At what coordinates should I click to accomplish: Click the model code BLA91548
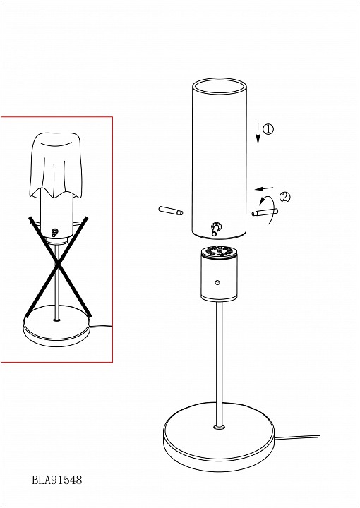[57, 479]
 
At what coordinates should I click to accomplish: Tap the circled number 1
[268, 129]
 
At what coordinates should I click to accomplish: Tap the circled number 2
[285, 198]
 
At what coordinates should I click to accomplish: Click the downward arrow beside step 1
[258, 133]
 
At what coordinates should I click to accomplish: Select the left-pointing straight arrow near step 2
[264, 188]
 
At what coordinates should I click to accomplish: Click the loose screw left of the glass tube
[171, 210]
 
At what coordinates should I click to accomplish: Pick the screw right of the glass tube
[265, 212]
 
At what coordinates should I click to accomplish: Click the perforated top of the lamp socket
[219, 252]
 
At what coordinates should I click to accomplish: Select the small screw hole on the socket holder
[217, 282]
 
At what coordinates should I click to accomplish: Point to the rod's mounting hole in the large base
[219, 428]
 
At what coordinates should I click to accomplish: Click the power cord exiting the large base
[296, 437]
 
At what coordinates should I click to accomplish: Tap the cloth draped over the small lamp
[56, 166]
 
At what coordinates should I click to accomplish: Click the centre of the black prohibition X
[58, 265]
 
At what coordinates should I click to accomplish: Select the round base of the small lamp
[57, 325]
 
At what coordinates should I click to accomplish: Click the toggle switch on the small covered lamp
[55, 232]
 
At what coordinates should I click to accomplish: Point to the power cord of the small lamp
[102, 326]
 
